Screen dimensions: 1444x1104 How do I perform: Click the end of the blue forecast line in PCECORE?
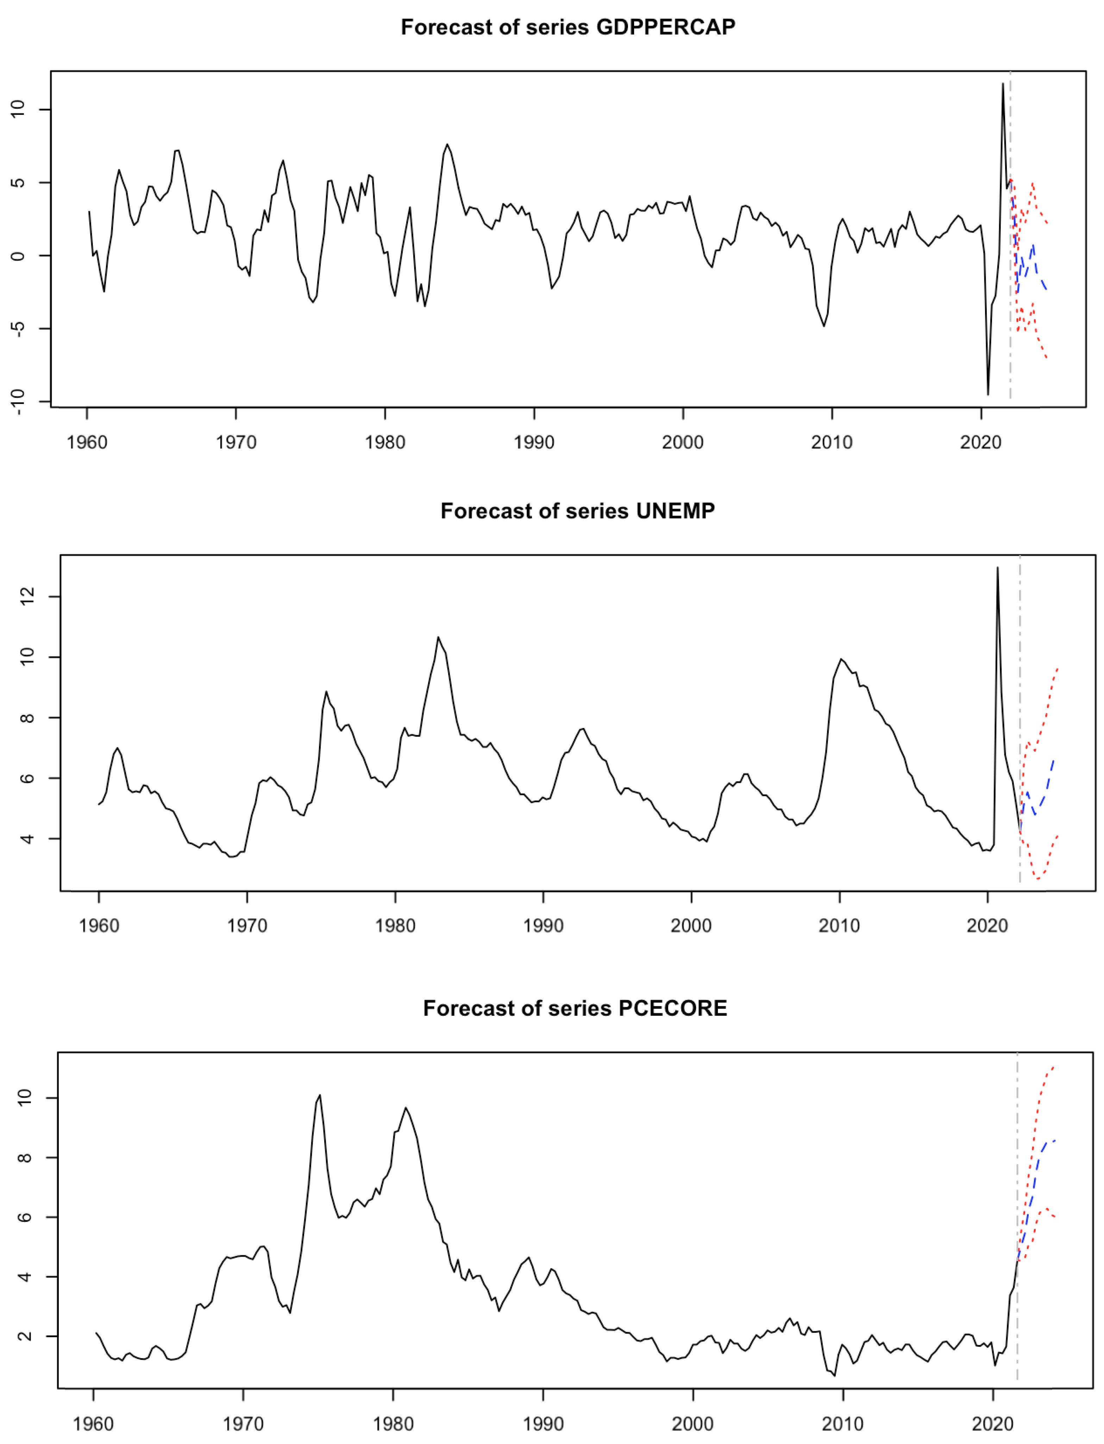(1055, 1140)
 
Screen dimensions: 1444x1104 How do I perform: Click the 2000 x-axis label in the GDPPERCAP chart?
(682, 442)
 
